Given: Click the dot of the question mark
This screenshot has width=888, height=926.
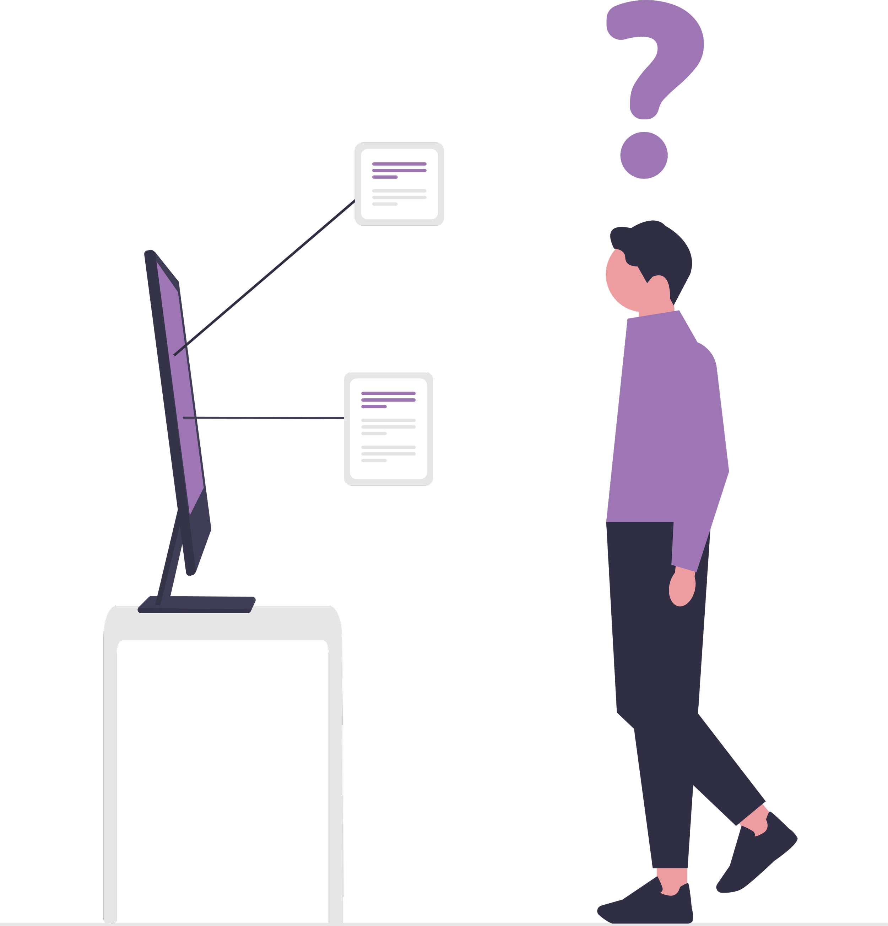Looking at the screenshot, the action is click(x=643, y=155).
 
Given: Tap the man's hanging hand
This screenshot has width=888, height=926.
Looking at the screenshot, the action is click(x=682, y=588).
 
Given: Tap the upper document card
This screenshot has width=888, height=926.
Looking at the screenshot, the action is click(x=399, y=184).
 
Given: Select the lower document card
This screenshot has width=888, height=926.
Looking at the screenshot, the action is click(x=388, y=429).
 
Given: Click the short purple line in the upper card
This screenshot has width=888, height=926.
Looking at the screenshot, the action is click(x=384, y=177).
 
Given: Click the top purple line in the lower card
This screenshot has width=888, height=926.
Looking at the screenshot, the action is click(x=388, y=393).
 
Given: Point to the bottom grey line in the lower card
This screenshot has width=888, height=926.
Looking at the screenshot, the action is click(x=374, y=460).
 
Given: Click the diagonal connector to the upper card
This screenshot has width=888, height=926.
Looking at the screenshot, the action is click(x=265, y=278).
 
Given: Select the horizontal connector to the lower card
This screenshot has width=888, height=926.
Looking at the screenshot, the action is click(x=265, y=418).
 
